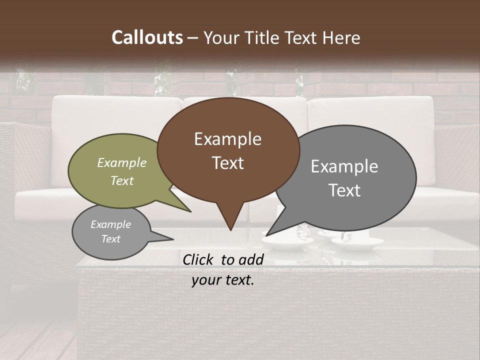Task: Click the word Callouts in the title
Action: click(147, 37)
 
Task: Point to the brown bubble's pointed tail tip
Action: click(230, 230)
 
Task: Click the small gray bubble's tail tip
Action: click(173, 239)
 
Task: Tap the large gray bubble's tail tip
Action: click(266, 235)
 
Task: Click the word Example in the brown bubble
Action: click(227, 138)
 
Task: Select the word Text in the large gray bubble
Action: click(344, 190)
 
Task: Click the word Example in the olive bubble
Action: click(122, 162)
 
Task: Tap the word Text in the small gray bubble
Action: click(111, 239)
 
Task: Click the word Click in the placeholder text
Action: click(199, 259)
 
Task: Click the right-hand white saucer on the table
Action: click(357, 243)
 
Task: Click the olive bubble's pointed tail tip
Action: click(190, 211)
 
